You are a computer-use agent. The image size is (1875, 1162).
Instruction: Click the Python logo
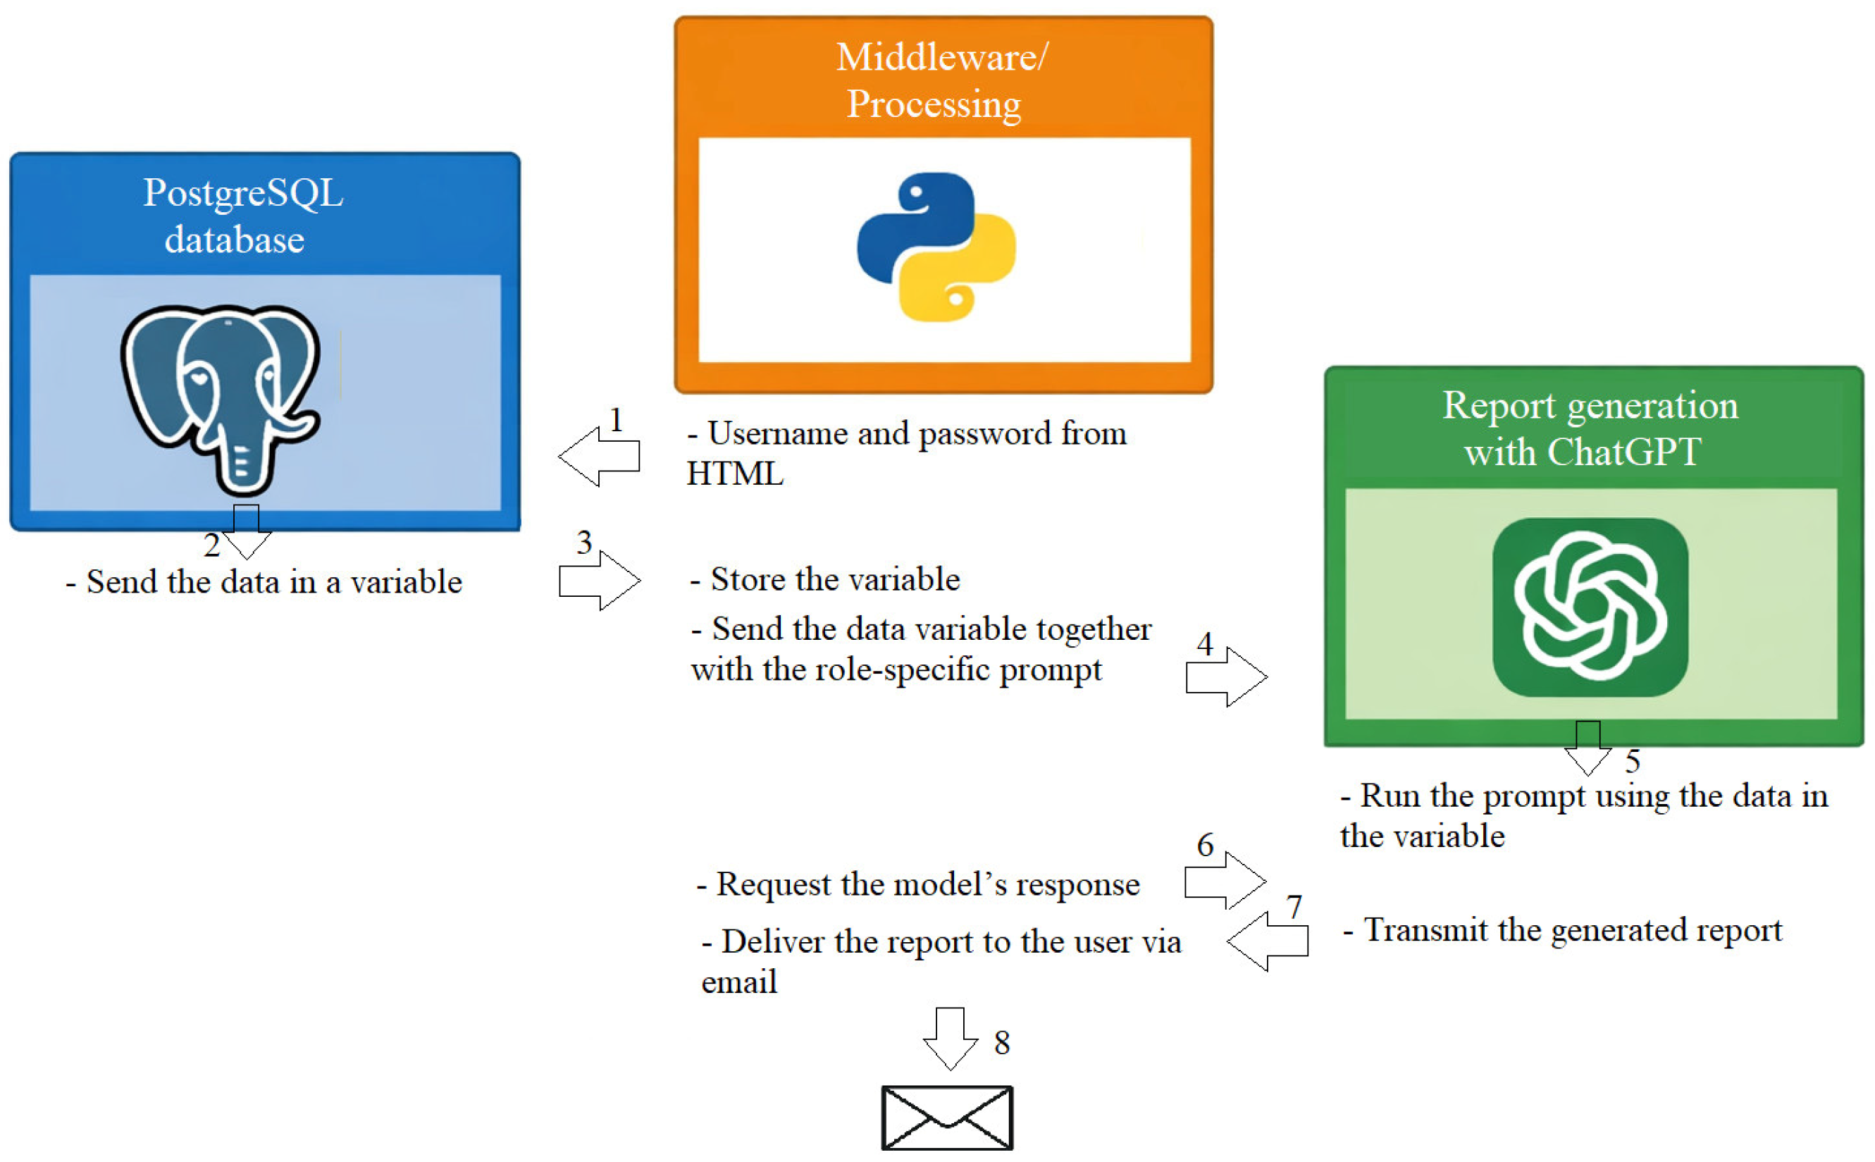935,247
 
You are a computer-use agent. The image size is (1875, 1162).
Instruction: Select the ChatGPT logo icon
1589,607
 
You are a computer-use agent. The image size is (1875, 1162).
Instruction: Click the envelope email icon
947,1118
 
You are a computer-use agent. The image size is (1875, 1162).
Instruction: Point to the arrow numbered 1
599,457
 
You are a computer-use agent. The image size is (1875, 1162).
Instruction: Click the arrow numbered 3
600,580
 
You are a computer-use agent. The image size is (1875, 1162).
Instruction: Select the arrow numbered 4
1227,676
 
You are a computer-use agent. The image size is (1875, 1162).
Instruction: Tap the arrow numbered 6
1225,881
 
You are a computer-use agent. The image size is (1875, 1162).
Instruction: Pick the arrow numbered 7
1267,941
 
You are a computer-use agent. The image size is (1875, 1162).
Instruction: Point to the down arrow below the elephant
246,532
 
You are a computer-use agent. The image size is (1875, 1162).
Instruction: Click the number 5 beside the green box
1632,762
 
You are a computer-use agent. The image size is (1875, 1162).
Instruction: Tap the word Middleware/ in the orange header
941,58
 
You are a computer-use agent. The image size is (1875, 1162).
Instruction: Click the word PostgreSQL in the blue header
243,193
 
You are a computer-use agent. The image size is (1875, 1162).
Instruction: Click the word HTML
735,474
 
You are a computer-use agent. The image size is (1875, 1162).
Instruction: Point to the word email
738,982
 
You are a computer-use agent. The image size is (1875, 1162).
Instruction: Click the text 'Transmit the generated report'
1572,930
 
